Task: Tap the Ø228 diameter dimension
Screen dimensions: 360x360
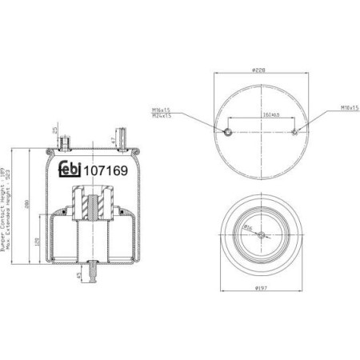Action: pos(259,70)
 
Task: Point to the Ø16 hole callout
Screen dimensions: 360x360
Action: pos(249,228)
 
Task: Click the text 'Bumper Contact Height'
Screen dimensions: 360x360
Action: pos(6,217)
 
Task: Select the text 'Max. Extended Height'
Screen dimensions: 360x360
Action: pos(13,217)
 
